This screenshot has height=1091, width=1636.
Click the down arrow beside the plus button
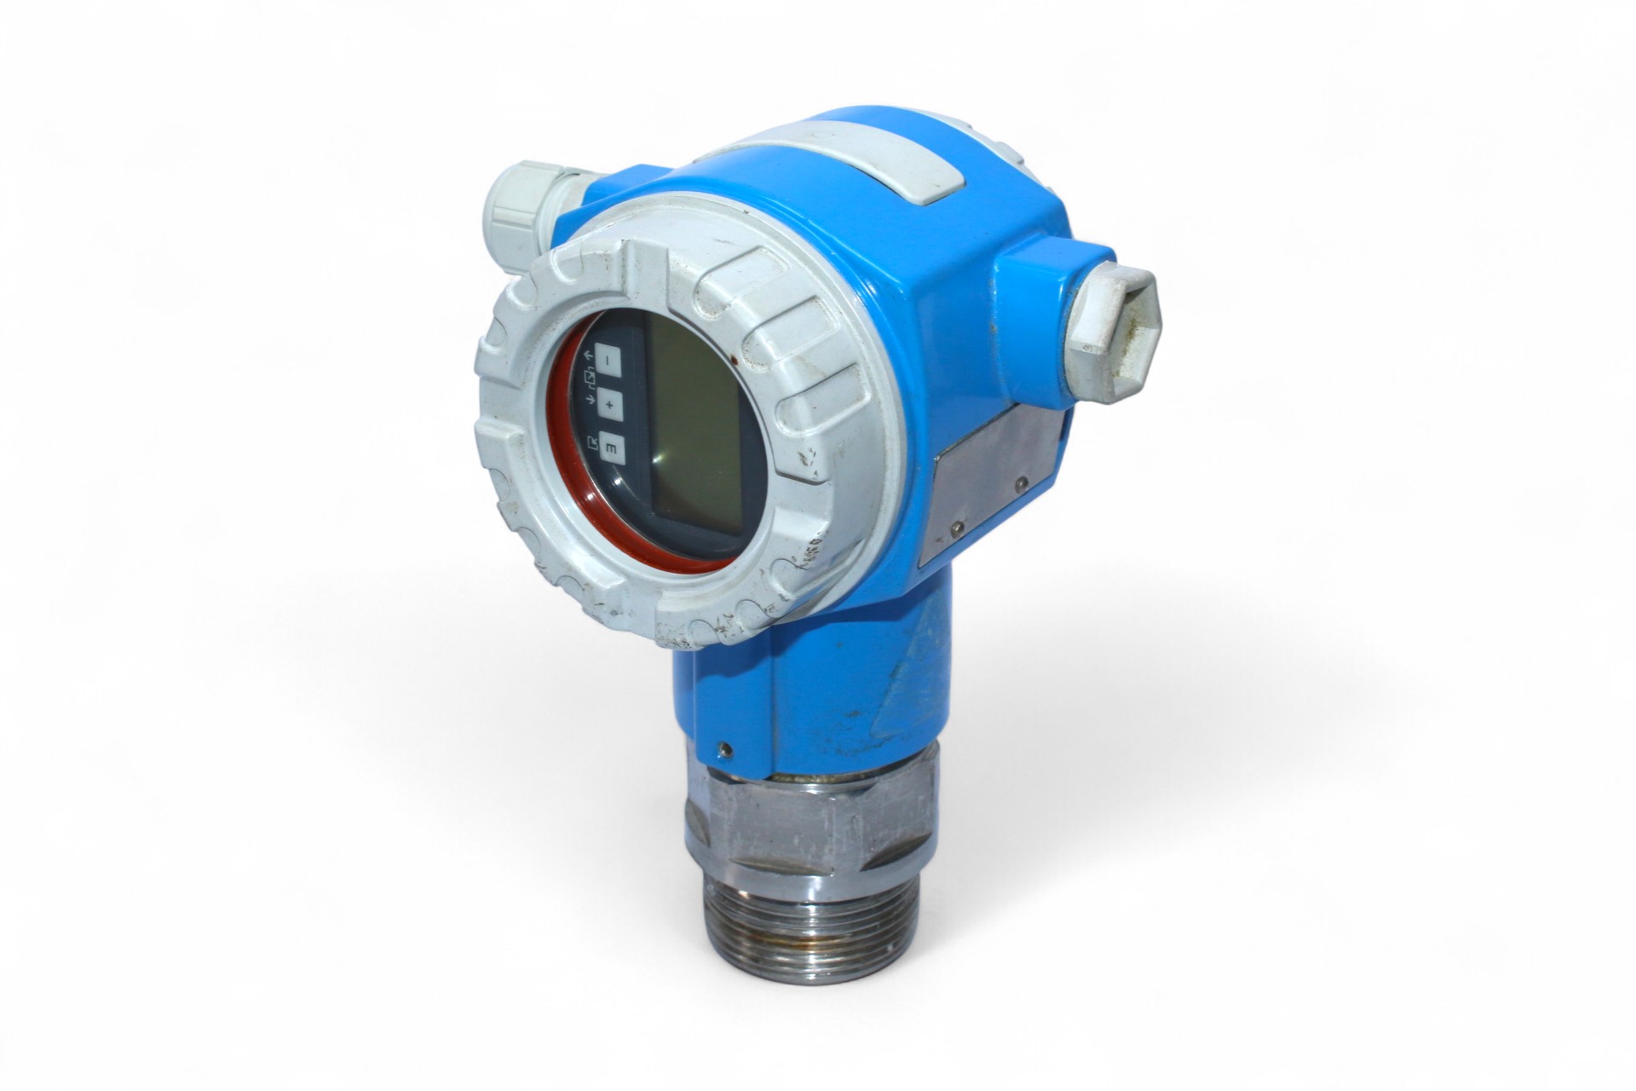[588, 398]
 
